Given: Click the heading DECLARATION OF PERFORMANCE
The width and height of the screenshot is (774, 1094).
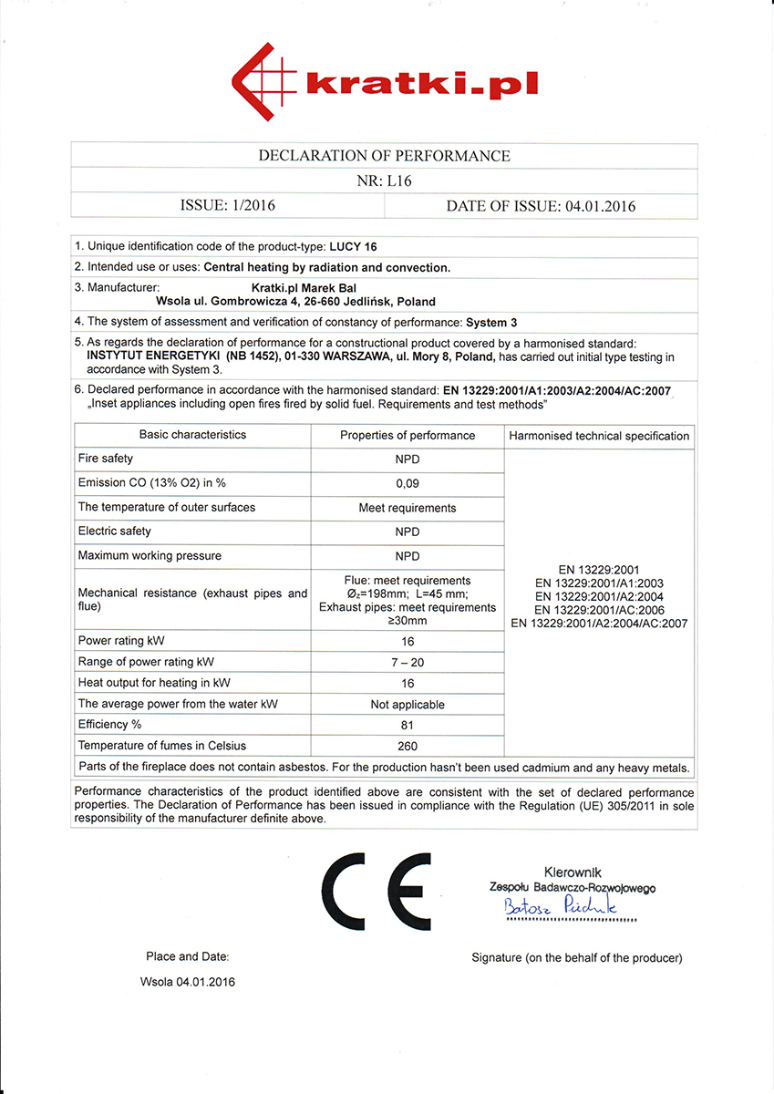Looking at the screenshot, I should [384, 156].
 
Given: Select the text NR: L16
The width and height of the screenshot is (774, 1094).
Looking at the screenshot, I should [384, 181].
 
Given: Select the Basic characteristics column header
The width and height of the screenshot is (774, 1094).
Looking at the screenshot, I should [192, 435].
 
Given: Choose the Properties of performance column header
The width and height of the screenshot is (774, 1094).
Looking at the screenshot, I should [408, 436].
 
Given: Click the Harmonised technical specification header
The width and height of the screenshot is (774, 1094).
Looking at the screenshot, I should [599, 436].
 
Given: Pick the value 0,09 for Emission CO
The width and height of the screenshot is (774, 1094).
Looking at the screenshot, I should [408, 484].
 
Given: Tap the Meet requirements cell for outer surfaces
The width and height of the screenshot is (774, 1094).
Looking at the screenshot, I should [408, 508].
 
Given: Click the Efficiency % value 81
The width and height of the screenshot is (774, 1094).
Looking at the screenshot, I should [408, 726].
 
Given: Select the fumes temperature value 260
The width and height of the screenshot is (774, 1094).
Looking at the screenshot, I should [408, 747].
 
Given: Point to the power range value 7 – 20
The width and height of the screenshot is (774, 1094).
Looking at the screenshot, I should [408, 662].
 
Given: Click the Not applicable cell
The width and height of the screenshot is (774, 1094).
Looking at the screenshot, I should [408, 705].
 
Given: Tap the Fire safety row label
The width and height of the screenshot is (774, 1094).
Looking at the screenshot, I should [106, 459].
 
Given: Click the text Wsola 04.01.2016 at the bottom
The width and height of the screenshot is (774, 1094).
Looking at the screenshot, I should [187, 982].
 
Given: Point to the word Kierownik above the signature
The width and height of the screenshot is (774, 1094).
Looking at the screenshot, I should [573, 872].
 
